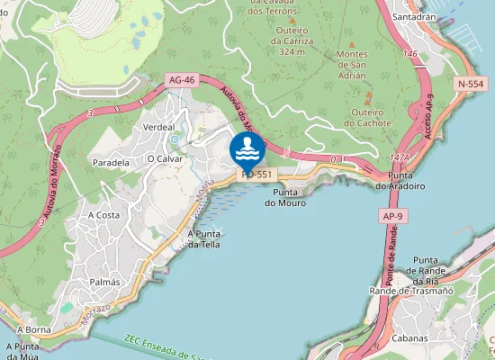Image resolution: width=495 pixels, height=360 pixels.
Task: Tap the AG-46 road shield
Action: [181, 81]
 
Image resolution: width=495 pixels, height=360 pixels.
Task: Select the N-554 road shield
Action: [471, 84]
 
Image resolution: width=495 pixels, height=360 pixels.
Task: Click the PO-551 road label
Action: [258, 174]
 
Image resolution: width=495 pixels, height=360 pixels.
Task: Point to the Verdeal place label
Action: [158, 128]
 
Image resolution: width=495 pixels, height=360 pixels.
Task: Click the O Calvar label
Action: [165, 158]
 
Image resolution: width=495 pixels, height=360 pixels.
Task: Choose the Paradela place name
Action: [112, 162]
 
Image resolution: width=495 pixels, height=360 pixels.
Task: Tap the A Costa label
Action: [103, 215]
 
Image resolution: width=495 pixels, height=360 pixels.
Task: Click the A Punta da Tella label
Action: [203, 238]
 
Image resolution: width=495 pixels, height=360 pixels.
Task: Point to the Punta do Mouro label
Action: [285, 198]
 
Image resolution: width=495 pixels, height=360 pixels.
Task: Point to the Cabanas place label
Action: [409, 338]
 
